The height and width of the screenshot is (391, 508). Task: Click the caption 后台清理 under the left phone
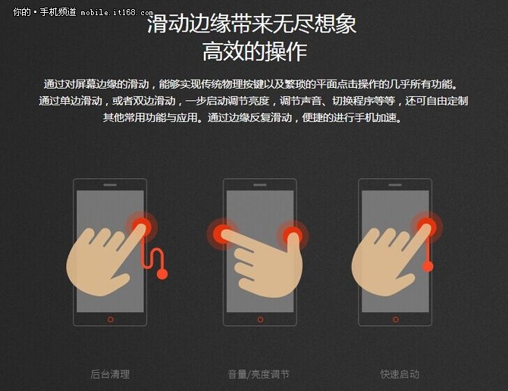(x=110, y=374)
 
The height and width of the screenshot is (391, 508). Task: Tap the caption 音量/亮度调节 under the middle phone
(x=259, y=374)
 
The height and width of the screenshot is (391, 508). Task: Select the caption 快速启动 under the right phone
(x=400, y=374)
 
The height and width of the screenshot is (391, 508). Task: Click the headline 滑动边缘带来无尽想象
(x=252, y=23)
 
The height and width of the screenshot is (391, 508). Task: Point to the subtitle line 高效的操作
(x=254, y=52)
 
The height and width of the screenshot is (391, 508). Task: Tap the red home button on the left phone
(x=111, y=319)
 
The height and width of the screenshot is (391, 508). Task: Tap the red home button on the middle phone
(x=260, y=319)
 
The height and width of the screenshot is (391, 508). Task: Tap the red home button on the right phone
(x=395, y=319)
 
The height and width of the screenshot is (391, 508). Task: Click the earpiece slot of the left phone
(x=111, y=185)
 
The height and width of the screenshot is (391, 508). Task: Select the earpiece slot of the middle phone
(x=260, y=185)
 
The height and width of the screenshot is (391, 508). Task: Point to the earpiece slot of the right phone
(x=395, y=185)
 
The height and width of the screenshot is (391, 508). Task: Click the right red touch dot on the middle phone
(x=293, y=234)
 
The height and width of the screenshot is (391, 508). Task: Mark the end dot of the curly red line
(x=161, y=274)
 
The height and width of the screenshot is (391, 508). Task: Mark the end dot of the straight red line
(x=428, y=266)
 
